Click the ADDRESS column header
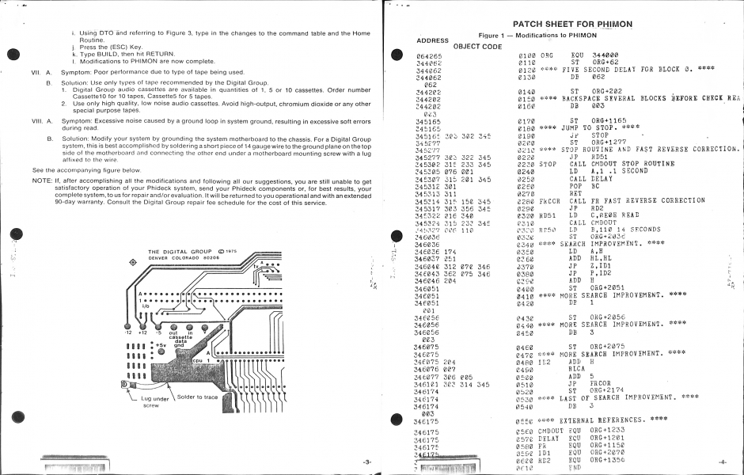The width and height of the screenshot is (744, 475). [432, 40]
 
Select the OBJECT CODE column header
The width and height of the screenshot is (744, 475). [476, 47]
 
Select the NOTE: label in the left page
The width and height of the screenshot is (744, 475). [41, 180]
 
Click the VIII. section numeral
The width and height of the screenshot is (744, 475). [37, 122]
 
